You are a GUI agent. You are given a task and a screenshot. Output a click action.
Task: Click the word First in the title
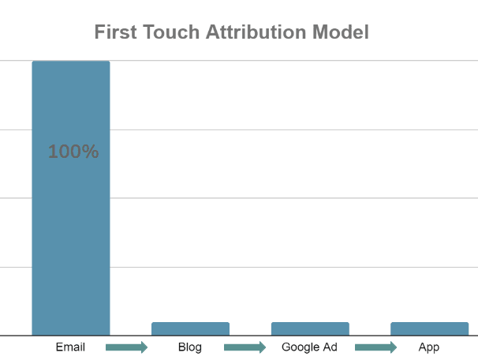click(x=116, y=32)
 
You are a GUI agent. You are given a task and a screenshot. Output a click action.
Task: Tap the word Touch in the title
click(x=169, y=32)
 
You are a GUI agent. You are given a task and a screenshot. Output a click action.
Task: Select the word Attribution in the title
click(x=254, y=32)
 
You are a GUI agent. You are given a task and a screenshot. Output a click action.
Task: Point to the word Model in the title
click(x=341, y=32)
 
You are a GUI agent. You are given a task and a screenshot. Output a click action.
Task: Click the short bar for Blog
click(x=190, y=328)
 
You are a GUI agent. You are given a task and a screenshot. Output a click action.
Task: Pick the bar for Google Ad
click(x=310, y=328)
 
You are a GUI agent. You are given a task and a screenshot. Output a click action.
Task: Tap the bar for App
click(x=429, y=328)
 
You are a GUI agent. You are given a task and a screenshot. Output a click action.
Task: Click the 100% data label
click(x=73, y=152)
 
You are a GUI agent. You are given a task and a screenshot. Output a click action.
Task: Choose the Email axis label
click(x=70, y=347)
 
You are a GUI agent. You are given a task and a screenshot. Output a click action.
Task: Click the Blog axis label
click(x=190, y=347)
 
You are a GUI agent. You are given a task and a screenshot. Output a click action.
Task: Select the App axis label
click(x=429, y=347)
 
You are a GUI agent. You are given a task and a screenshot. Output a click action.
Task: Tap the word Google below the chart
click(x=301, y=347)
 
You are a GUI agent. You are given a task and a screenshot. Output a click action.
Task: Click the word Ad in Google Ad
click(x=331, y=347)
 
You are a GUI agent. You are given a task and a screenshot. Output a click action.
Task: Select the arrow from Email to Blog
click(x=126, y=347)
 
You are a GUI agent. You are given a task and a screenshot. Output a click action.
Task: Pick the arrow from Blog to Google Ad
click(x=245, y=347)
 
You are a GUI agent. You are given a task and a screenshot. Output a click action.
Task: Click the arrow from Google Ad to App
click(x=375, y=347)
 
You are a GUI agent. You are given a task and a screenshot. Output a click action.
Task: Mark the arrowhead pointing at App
click(x=391, y=347)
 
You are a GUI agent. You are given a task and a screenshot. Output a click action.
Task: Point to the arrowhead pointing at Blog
click(x=143, y=347)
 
